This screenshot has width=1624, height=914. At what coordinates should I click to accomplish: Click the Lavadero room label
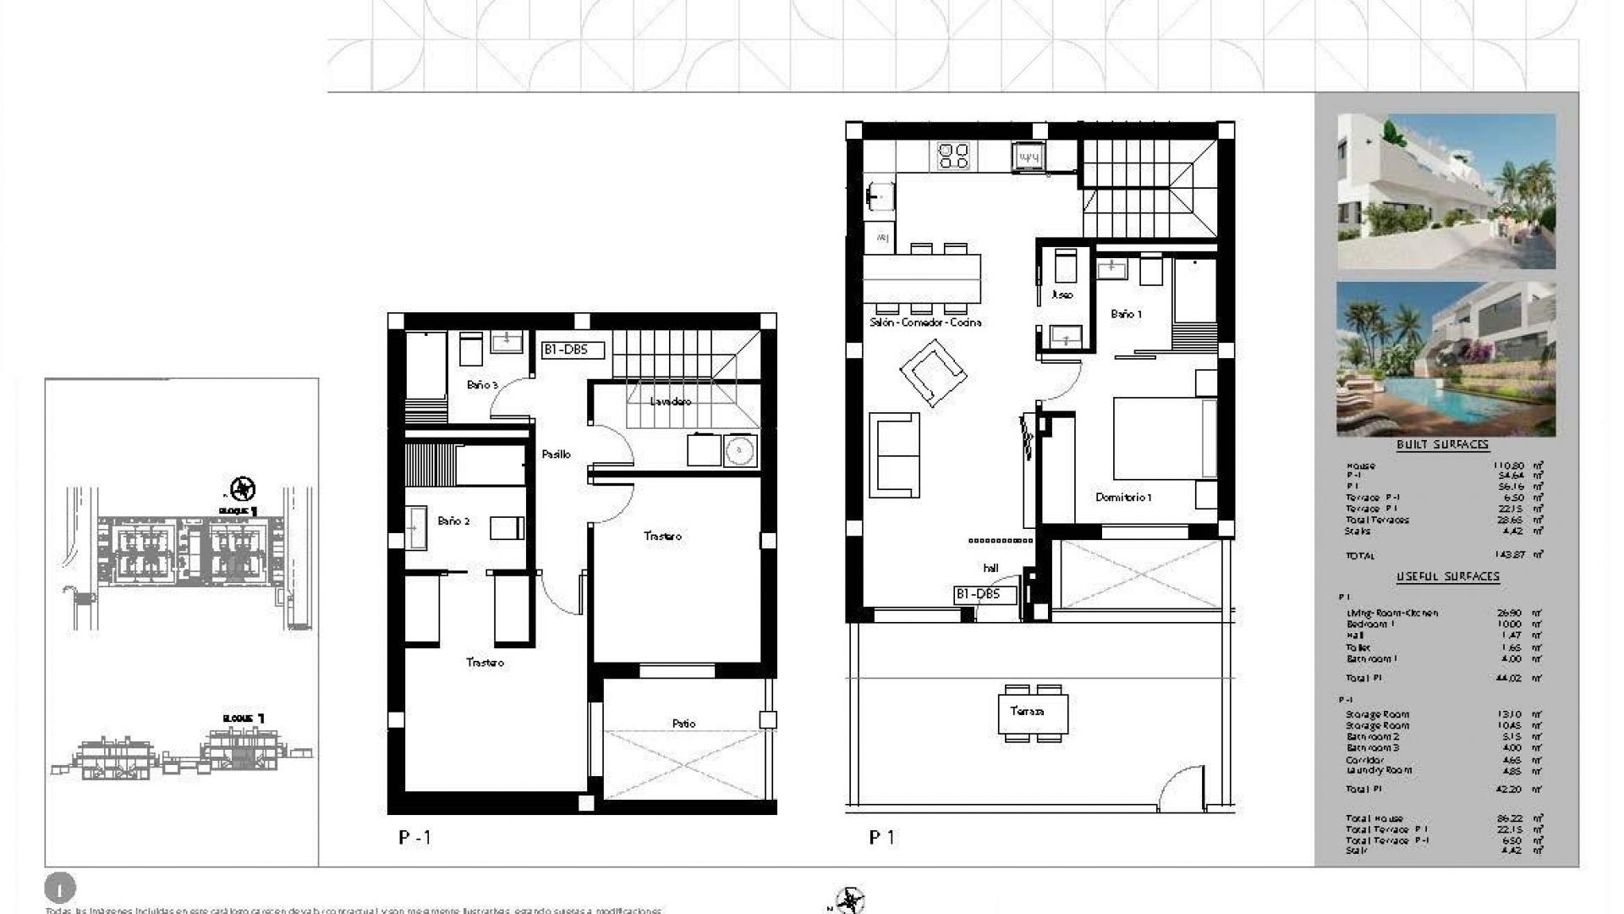click(x=670, y=401)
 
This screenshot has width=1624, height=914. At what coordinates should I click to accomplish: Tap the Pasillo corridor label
click(x=556, y=454)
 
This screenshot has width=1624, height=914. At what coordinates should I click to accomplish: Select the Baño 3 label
click(x=482, y=385)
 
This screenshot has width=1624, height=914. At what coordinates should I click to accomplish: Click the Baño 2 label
click(x=453, y=521)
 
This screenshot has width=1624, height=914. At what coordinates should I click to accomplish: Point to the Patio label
click(x=683, y=724)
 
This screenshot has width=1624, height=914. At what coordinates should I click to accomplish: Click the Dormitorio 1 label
click(x=1123, y=498)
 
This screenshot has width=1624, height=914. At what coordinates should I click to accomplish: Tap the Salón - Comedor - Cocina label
click(x=925, y=322)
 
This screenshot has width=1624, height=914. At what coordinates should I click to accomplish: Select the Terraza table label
click(x=1027, y=711)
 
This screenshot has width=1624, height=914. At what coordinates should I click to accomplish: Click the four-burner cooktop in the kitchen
click(x=954, y=156)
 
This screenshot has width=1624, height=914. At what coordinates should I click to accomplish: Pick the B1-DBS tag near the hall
click(x=977, y=594)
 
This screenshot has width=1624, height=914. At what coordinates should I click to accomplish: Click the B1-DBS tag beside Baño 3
click(x=573, y=350)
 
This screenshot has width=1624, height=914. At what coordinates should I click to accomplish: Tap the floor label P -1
click(x=414, y=838)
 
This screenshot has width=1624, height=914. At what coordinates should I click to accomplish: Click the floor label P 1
click(x=881, y=838)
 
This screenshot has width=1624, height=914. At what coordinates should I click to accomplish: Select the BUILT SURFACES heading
click(x=1442, y=444)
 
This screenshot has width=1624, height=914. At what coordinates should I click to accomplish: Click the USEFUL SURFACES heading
click(x=1447, y=576)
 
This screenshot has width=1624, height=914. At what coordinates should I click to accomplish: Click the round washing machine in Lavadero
click(x=740, y=450)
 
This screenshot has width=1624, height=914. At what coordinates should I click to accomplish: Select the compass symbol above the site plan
click(x=243, y=488)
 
